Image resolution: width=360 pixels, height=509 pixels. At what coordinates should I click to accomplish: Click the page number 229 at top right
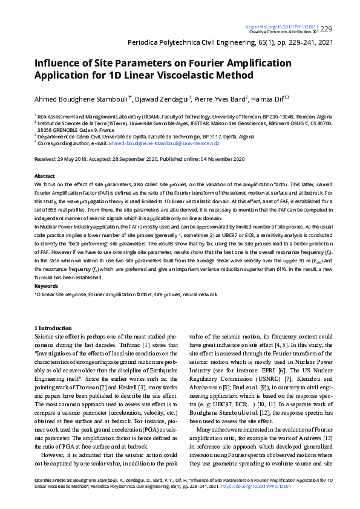pyautogui.click(x=326, y=28)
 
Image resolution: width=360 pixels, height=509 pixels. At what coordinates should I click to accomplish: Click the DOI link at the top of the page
pyautogui.click(x=280, y=27)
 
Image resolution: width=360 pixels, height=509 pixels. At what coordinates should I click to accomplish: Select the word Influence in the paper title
pyautogui.click(x=57, y=63)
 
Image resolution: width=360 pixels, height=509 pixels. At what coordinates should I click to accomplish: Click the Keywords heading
pyautogui.click(x=45, y=285)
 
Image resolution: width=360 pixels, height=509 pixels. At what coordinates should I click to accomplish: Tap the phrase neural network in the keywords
pyautogui.click(x=200, y=293)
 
